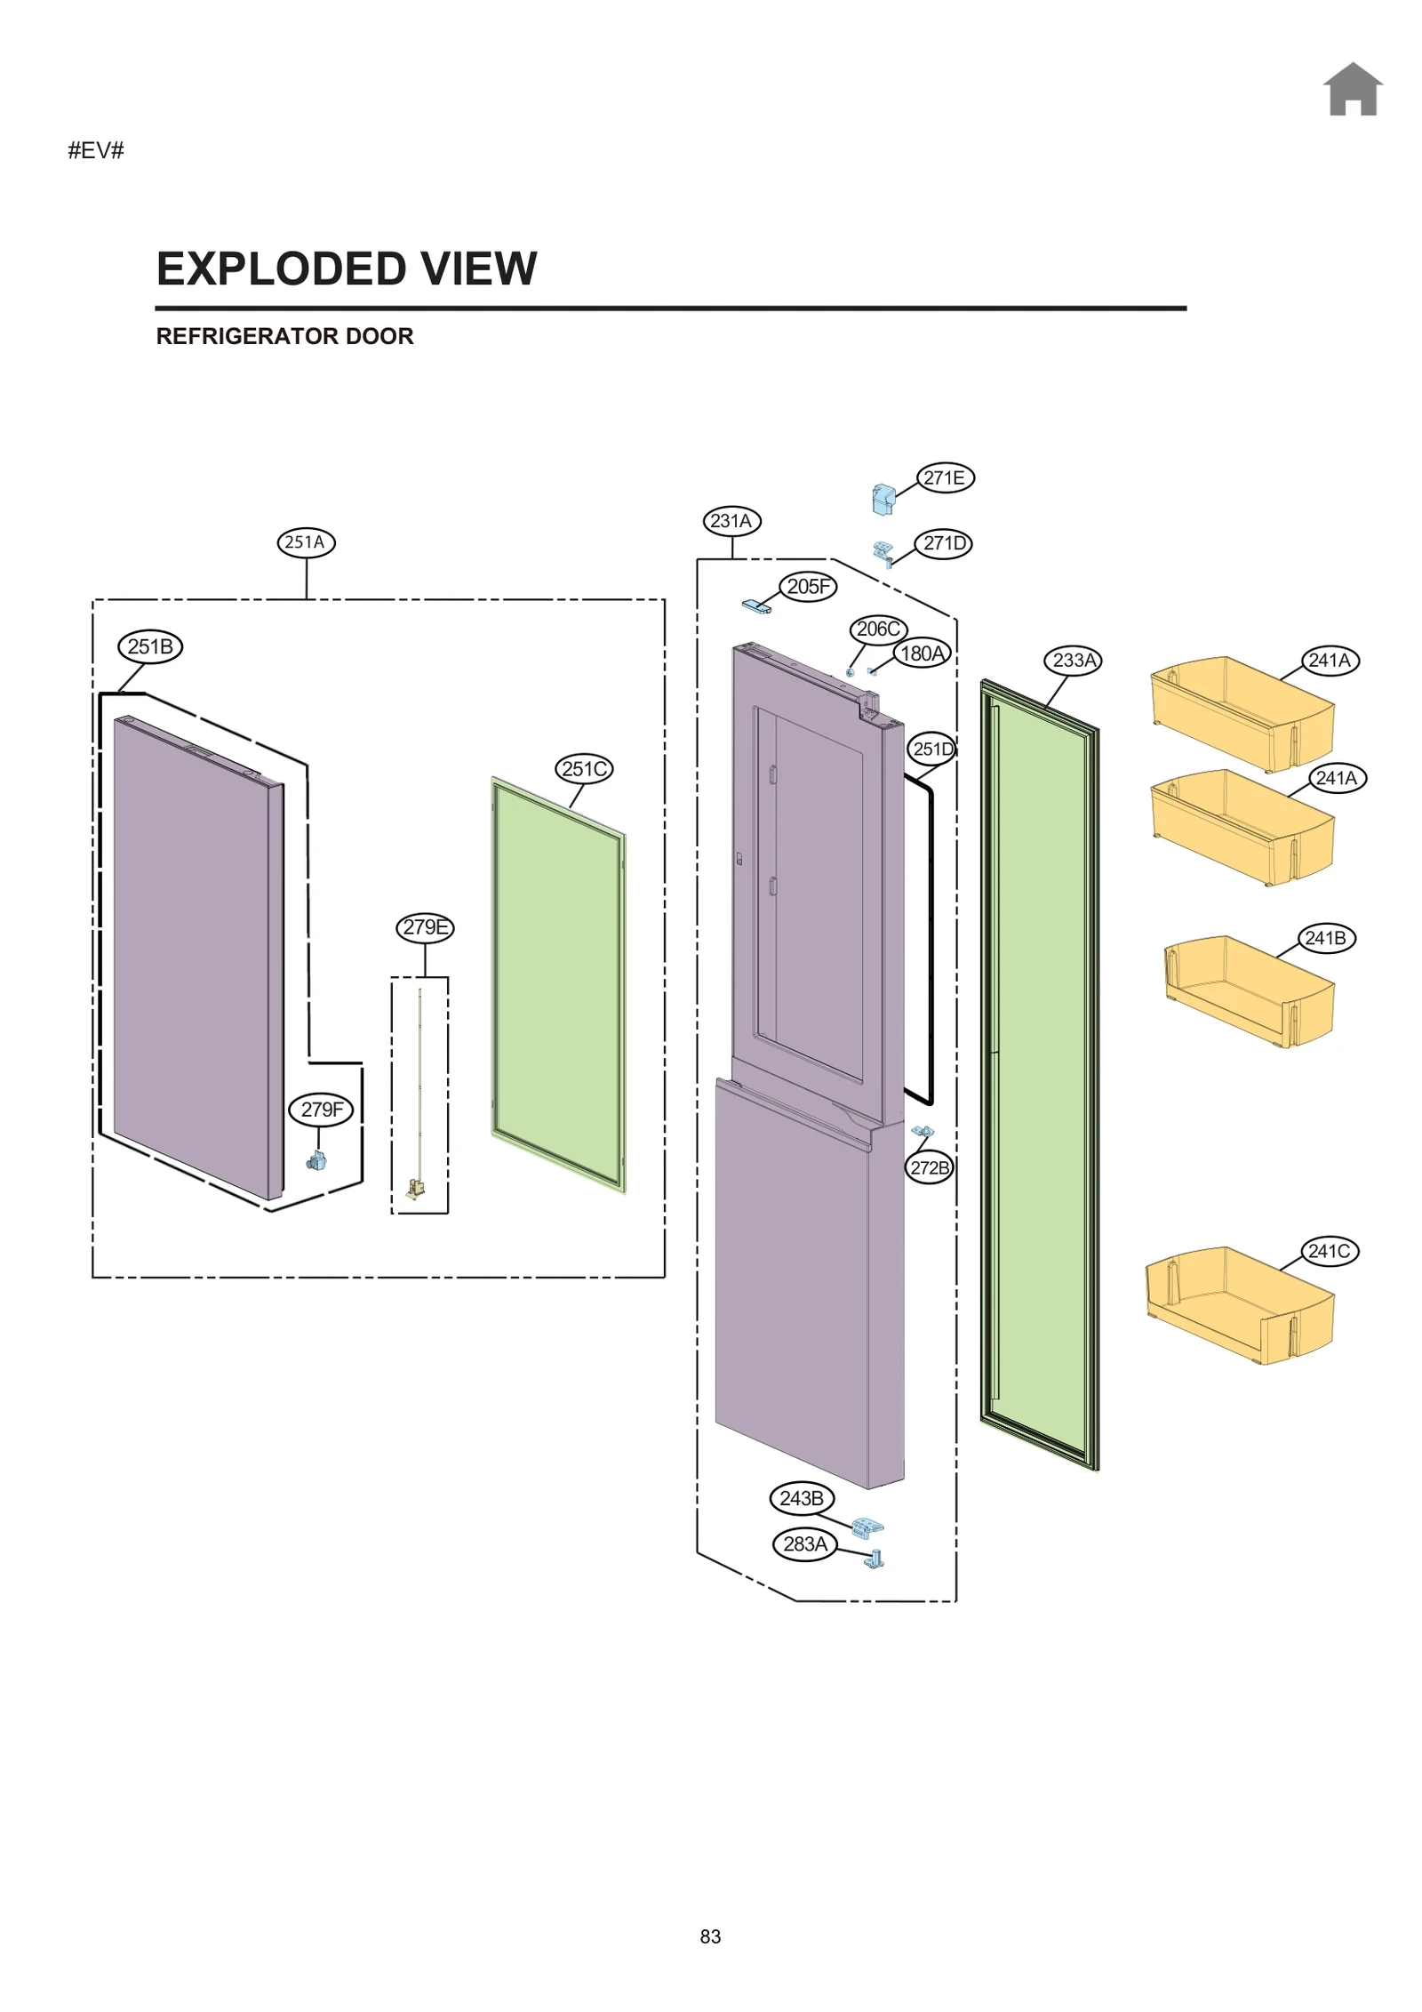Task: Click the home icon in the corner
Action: point(1352,90)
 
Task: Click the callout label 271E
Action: point(945,477)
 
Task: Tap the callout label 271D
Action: point(943,543)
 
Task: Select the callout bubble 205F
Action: point(808,586)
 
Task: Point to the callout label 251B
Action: point(150,646)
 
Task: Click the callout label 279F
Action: point(321,1109)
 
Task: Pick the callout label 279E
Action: point(425,927)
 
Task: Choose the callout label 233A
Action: point(1074,661)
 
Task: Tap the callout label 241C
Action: point(1330,1251)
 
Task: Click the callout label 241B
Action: point(1325,938)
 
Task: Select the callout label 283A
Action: point(805,1543)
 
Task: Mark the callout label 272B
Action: point(930,1167)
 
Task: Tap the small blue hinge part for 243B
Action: point(867,1527)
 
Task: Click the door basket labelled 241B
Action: point(1249,991)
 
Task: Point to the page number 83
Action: point(710,1936)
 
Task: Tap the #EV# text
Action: point(96,150)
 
